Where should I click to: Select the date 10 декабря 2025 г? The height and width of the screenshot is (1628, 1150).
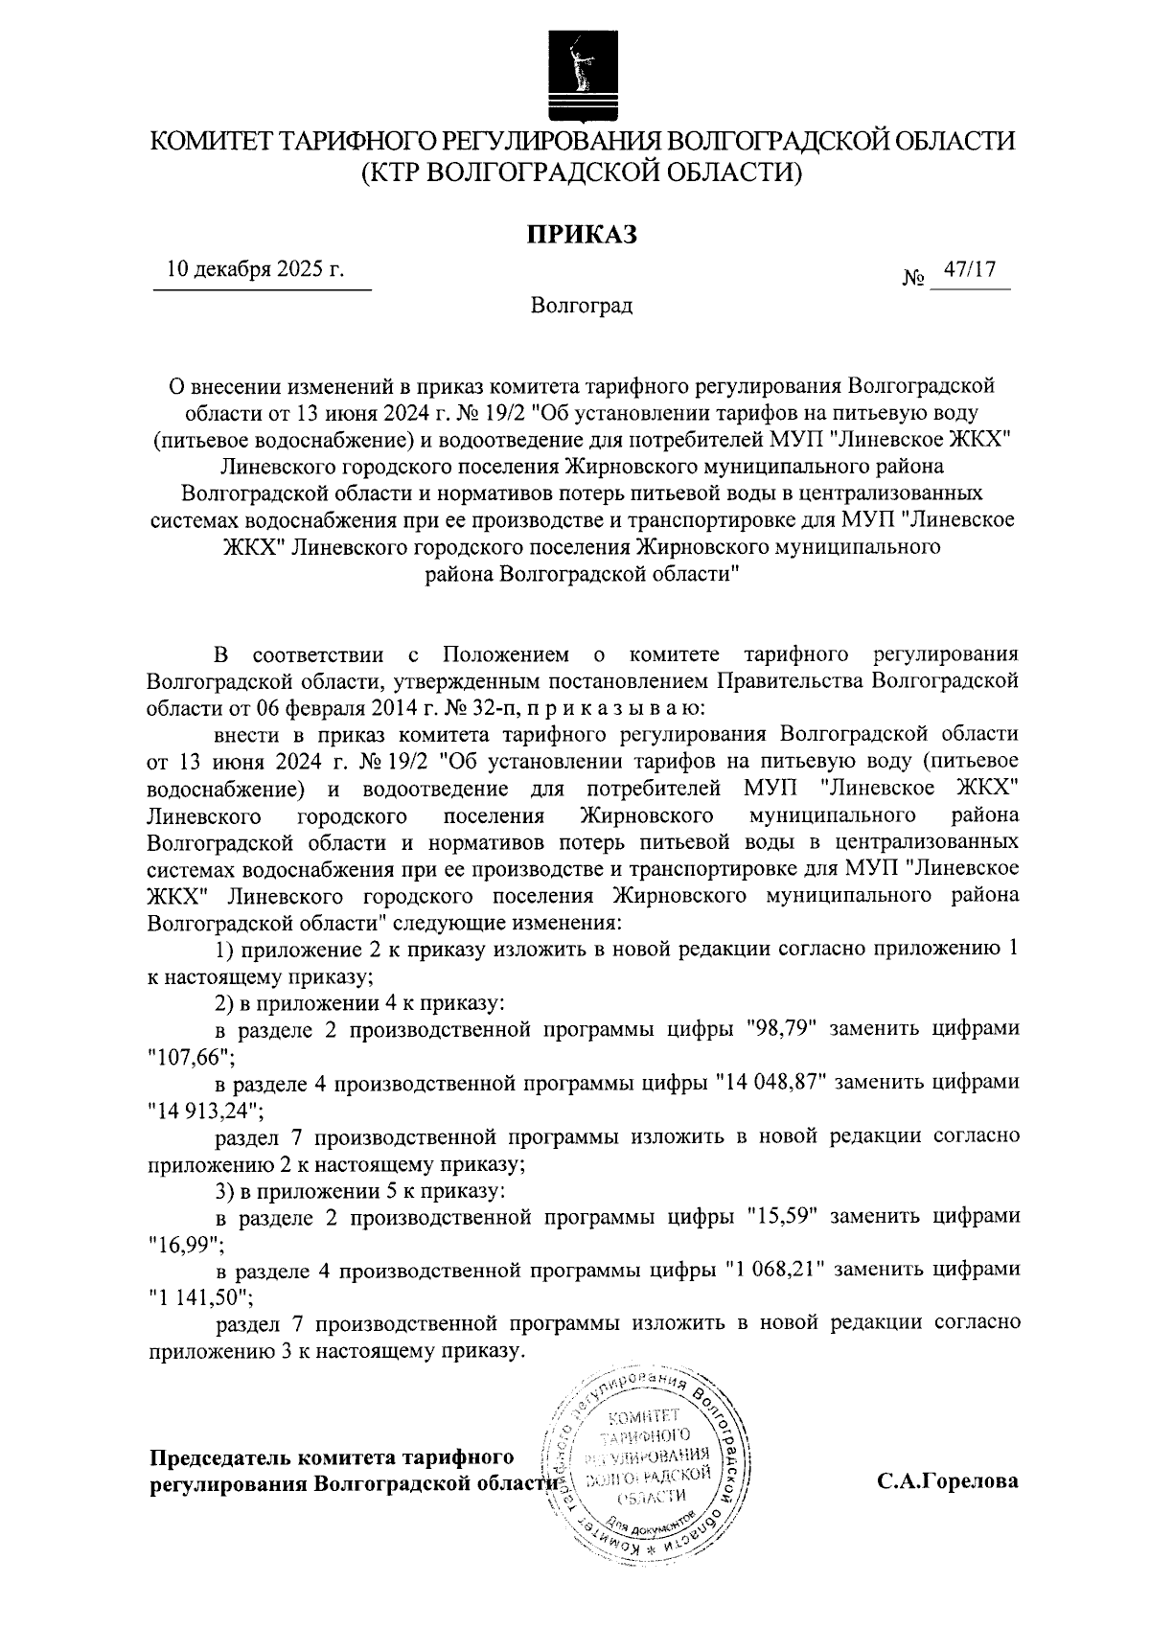[256, 270]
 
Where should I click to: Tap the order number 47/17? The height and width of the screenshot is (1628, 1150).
[970, 270]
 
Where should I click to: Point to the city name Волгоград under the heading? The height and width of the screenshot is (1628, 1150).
[582, 307]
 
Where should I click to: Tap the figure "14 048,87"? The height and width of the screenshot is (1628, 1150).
[773, 1083]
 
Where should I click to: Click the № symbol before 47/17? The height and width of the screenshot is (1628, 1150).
[913, 279]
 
